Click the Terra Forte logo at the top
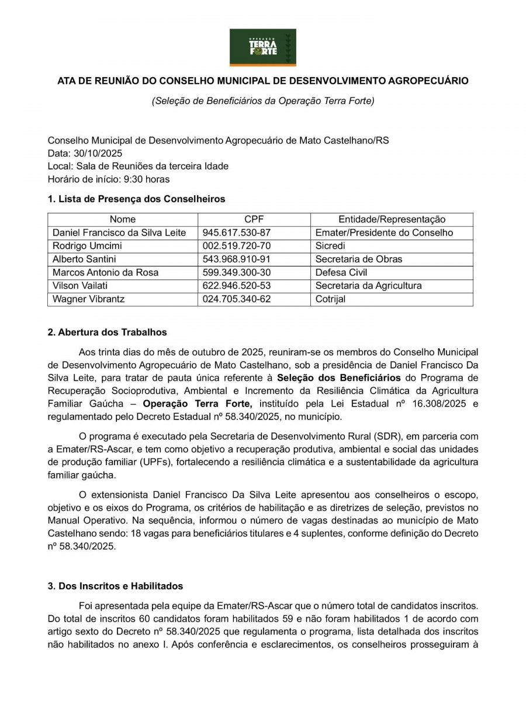pyautogui.click(x=262, y=47)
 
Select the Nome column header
pyautogui.click(x=122, y=220)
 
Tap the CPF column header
pyautogui.click(x=254, y=220)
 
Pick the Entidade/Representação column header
pyautogui.click(x=392, y=220)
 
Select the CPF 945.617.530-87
pyautogui.click(x=237, y=232)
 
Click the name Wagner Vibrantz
pyautogui.click(x=89, y=299)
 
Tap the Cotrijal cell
pyautogui.click(x=330, y=299)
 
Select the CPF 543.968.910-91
pyautogui.click(x=237, y=259)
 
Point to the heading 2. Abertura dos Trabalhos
pyautogui.click(x=107, y=332)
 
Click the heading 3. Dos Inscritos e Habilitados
pyautogui.click(x=115, y=586)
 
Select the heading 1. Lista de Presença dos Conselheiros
pyautogui.click(x=136, y=199)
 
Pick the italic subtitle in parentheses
pyautogui.click(x=262, y=100)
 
